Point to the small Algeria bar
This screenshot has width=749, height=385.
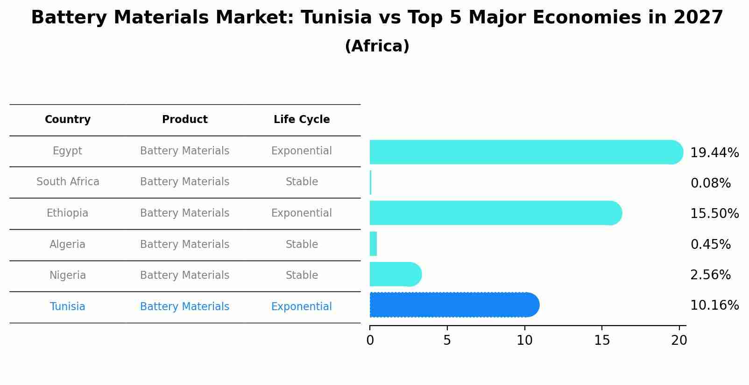click(373, 244)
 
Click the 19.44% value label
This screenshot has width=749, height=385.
click(714, 153)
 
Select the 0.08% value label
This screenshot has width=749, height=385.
click(710, 183)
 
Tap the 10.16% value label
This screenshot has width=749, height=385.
click(714, 305)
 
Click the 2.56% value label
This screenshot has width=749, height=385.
click(710, 275)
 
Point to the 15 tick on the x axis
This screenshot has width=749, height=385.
click(602, 341)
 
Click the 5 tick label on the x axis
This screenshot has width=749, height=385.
click(447, 341)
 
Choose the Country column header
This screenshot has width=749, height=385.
click(68, 120)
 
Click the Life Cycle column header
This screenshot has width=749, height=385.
click(302, 120)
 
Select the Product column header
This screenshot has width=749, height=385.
click(185, 120)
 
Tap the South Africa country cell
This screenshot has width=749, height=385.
click(68, 182)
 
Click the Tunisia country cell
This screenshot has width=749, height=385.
click(68, 307)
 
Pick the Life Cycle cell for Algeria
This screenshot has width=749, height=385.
click(302, 245)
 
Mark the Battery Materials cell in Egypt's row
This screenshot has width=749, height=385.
click(185, 151)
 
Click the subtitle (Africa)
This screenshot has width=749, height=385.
click(377, 46)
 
